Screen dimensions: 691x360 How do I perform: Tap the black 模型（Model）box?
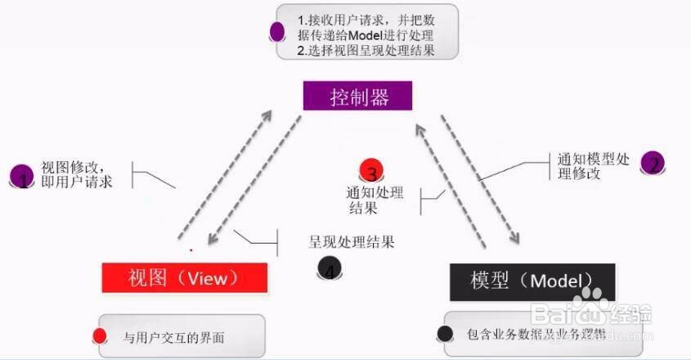[x=532, y=281]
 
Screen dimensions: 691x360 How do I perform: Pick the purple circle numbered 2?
[x=653, y=163]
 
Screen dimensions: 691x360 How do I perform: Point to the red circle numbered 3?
[x=371, y=172]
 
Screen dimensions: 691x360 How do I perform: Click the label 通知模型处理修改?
[x=592, y=166]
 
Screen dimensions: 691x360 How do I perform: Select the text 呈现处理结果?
[x=352, y=242]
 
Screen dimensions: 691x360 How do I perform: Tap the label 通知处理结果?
[x=375, y=200]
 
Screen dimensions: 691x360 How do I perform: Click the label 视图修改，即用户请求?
[x=77, y=174]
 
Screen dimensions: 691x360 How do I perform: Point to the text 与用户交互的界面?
[x=173, y=337]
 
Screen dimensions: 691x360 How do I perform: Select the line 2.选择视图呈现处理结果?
[x=367, y=51]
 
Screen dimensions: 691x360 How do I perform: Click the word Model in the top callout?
[x=372, y=35]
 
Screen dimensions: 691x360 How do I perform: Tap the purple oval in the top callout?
[x=277, y=32]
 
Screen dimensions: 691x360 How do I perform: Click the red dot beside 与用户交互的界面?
[x=101, y=335]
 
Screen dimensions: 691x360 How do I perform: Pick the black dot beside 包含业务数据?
[x=445, y=333]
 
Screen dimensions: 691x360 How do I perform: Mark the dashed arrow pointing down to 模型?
[x=482, y=180]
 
